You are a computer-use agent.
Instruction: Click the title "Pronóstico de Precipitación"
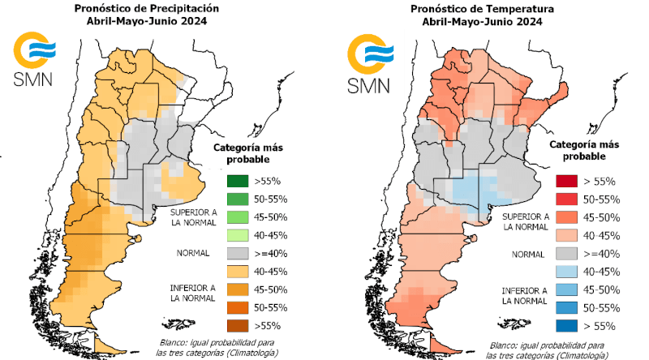coord(148,9)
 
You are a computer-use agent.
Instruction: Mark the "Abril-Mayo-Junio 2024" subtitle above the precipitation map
coord(148,22)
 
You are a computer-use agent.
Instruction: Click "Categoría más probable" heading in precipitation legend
coord(248,152)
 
